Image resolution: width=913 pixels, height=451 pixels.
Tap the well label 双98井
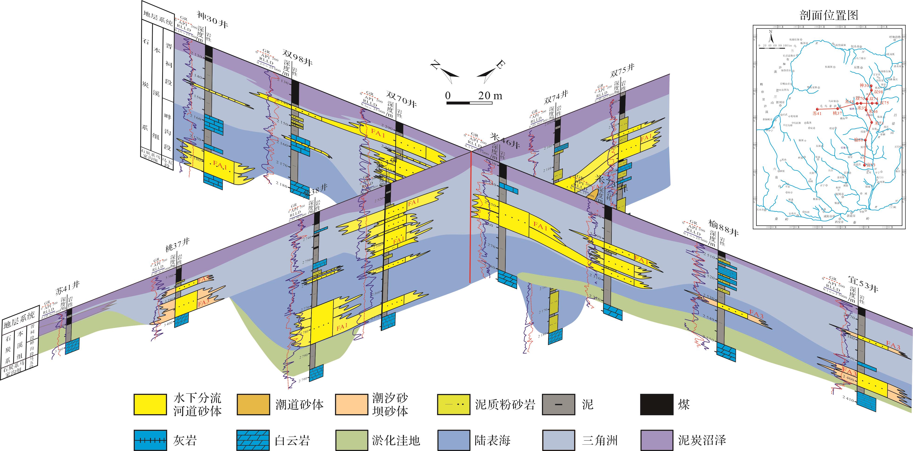[297, 58]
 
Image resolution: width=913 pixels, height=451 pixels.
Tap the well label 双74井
[556, 96]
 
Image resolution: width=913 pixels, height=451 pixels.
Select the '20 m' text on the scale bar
[490, 96]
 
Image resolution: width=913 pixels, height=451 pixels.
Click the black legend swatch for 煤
[656, 404]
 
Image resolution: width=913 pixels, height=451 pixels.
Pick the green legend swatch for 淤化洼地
[352, 440]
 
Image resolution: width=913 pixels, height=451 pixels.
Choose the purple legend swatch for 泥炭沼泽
[656, 440]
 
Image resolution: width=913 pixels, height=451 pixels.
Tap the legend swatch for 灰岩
[150, 440]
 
